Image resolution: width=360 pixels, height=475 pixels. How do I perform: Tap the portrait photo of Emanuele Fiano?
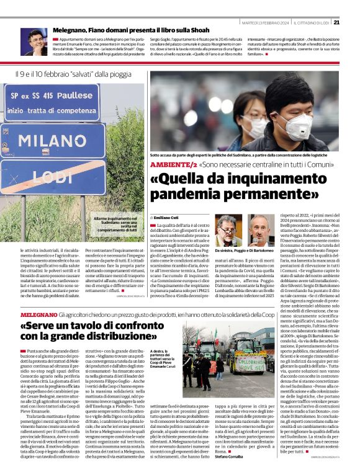pyautogui.click(x=33, y=42)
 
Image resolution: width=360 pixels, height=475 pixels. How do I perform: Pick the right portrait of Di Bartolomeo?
pyautogui.click(x=261, y=230)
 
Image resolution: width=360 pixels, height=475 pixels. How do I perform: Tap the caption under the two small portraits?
pyautogui.click(x=245, y=251)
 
